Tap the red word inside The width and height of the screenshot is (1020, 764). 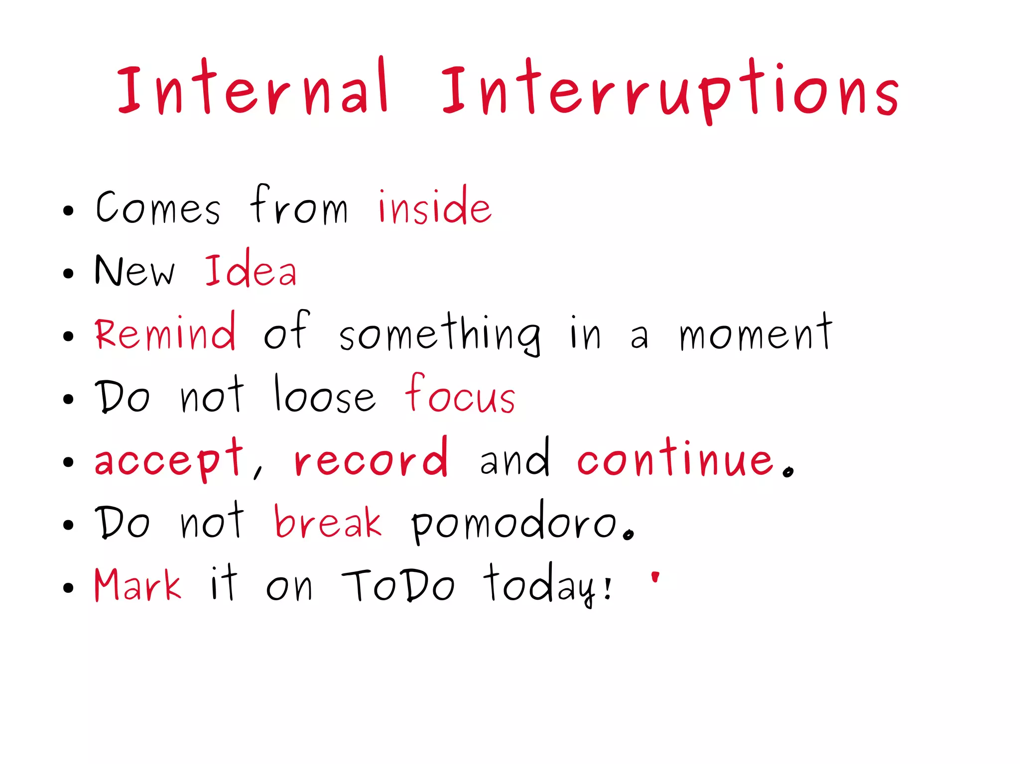434,207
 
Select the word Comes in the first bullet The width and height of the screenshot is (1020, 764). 157,207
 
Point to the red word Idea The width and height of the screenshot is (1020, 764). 251,271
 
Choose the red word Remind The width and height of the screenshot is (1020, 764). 165,332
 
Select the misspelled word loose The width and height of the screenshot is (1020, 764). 324,396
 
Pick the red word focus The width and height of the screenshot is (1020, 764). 460,396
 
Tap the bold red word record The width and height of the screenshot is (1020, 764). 371,459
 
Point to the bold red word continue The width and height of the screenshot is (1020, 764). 675,459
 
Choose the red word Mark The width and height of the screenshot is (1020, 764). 137,585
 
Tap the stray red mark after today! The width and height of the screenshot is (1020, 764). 655,577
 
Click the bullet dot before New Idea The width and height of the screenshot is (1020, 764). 68,273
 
